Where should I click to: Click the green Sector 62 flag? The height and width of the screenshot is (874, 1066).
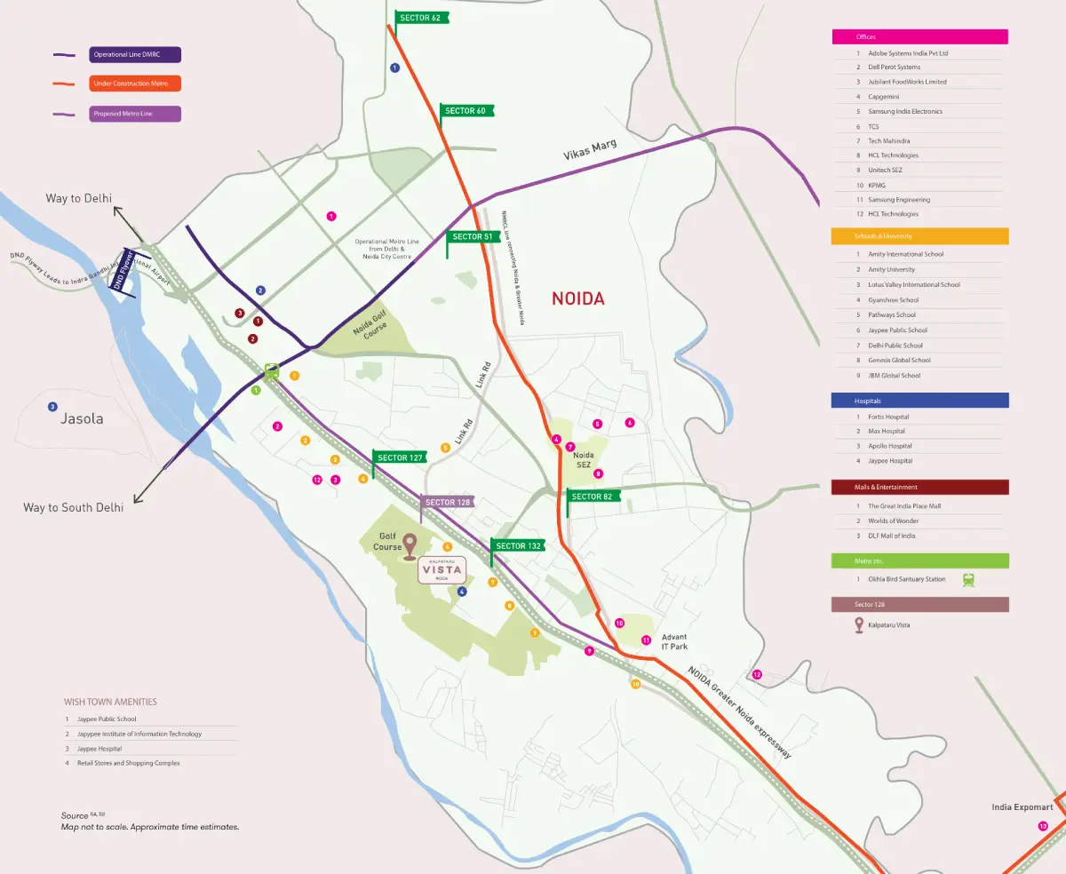tap(422, 18)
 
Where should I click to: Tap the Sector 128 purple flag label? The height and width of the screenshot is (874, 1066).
tap(447, 502)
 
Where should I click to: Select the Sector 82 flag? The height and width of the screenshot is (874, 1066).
tap(593, 496)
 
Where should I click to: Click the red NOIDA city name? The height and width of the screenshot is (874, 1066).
tap(577, 298)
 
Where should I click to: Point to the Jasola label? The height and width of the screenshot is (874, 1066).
tap(82, 418)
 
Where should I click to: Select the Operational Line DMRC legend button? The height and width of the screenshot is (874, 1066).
tap(134, 55)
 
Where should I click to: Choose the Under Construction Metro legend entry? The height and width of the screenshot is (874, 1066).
tap(134, 83)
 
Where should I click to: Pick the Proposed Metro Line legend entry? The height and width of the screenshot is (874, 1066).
tap(134, 114)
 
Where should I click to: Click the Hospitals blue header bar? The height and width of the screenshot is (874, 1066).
tap(919, 401)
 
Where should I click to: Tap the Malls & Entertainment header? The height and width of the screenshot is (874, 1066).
tap(919, 487)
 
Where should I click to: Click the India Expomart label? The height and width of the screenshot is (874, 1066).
tap(1022, 807)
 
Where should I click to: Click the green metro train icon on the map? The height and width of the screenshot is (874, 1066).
tap(272, 372)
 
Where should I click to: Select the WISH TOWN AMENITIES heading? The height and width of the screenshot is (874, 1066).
tap(110, 702)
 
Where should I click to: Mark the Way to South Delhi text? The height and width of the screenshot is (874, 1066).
tap(73, 507)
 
